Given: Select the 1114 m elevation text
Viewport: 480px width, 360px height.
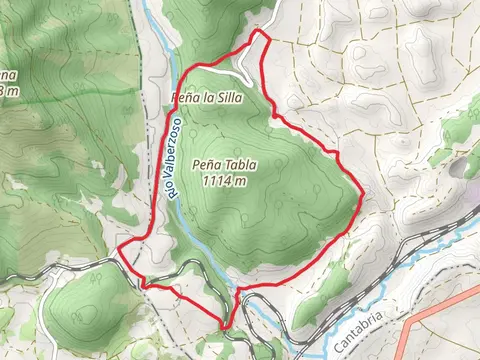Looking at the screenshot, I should pyautogui.click(x=223, y=181).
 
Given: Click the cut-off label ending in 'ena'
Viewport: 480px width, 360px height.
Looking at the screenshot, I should pyautogui.click(x=8, y=75).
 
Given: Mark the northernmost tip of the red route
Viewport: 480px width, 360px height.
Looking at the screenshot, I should pyautogui.click(x=257, y=31).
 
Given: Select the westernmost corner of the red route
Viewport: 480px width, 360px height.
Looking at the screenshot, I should pyautogui.click(x=119, y=250).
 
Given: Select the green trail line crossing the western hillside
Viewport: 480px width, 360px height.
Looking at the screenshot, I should pyautogui.click(x=60, y=92).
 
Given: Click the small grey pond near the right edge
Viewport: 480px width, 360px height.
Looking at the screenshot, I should pyautogui.click(x=469, y=160).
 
